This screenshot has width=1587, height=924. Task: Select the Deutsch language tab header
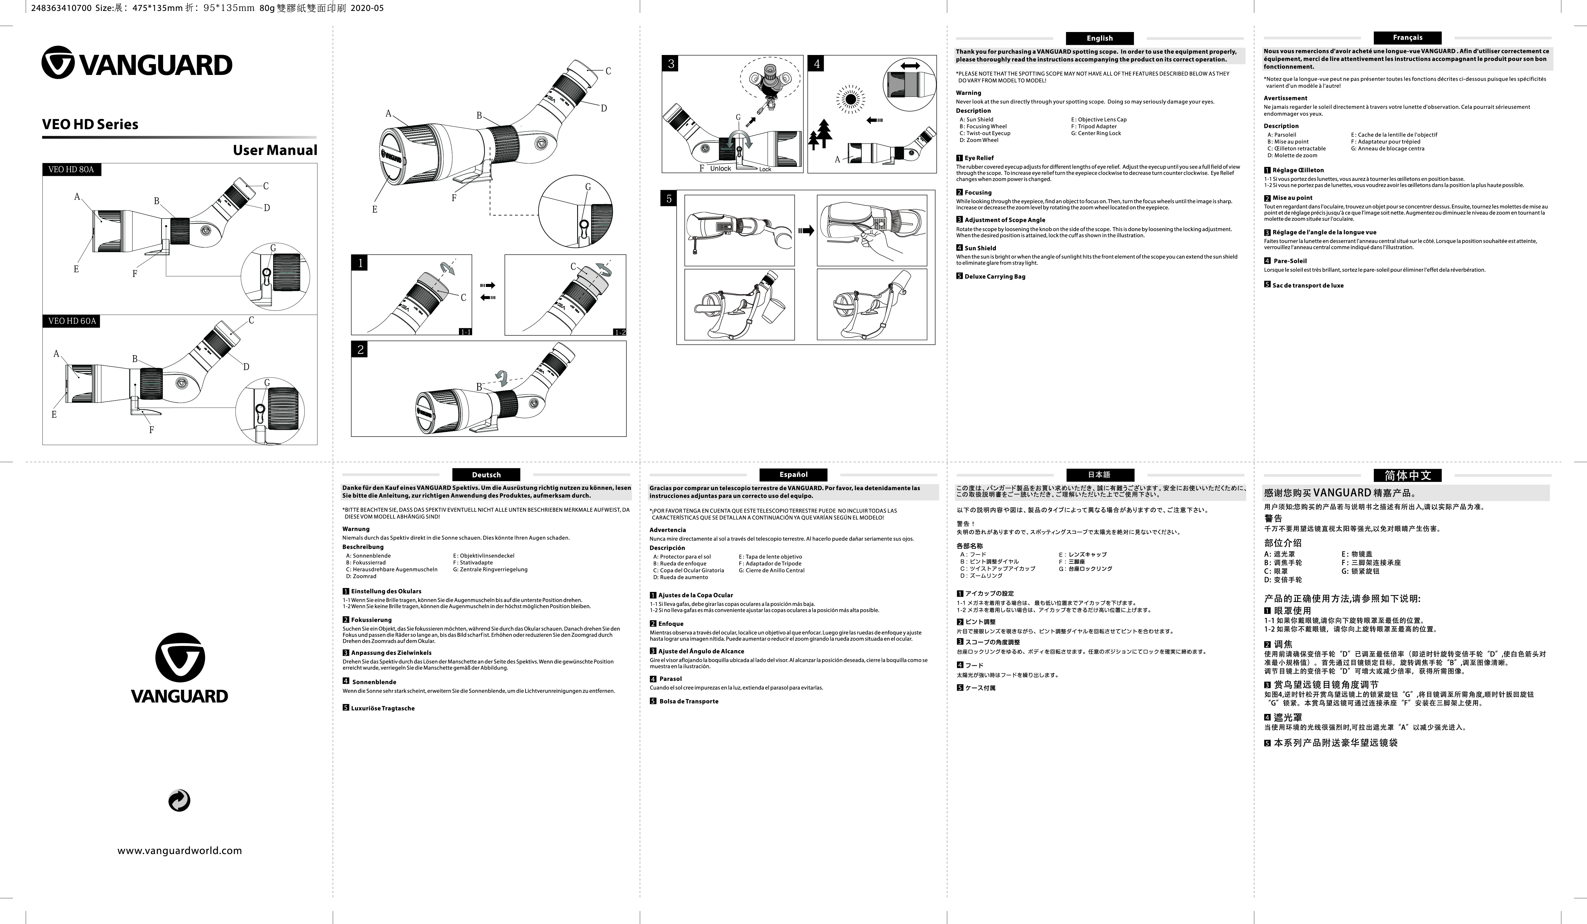[486, 475]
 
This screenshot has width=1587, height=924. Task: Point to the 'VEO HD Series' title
[90, 124]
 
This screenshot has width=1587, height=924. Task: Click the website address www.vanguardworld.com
[180, 850]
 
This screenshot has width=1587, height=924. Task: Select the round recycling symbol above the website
[180, 801]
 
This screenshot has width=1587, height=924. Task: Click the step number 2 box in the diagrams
[360, 349]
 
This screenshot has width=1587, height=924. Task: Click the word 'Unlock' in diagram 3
[721, 169]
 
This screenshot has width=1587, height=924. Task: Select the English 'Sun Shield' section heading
[980, 248]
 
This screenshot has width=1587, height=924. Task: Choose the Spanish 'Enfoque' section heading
[671, 624]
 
